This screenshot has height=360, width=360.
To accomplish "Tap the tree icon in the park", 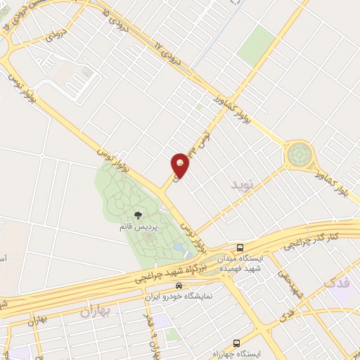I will pos(137,214).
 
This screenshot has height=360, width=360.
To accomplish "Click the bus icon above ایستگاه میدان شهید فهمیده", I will pos(240,247).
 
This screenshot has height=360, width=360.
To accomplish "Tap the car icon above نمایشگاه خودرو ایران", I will pos(179,286).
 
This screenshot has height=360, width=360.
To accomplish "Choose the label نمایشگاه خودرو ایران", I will pos(179,297).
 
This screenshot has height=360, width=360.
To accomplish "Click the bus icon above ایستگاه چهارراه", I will pos(238,342).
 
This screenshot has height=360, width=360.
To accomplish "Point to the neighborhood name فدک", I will pos(337,283).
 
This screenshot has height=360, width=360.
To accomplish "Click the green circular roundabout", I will pos(298,153).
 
